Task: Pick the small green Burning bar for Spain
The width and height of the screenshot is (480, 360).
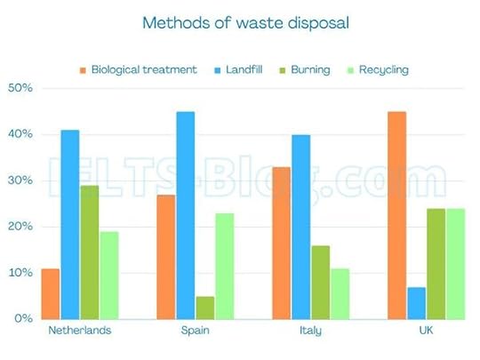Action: (204, 307)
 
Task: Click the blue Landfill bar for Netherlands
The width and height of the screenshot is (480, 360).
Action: (69, 224)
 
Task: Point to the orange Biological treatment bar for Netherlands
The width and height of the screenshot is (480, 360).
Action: (51, 293)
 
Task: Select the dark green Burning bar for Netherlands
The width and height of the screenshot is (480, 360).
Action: (89, 252)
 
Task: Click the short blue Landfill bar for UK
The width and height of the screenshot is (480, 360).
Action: (416, 302)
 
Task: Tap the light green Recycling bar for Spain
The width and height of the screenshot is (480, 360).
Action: (224, 265)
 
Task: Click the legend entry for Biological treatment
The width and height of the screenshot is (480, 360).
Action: (138, 69)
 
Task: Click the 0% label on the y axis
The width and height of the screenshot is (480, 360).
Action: (22, 318)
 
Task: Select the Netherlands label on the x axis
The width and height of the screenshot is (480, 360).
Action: (79, 331)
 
